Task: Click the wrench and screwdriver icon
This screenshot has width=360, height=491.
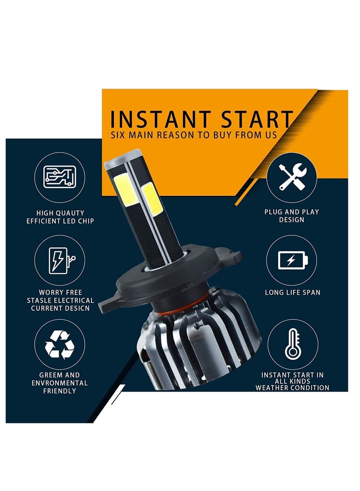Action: (x=292, y=176)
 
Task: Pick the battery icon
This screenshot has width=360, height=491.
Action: (x=292, y=260)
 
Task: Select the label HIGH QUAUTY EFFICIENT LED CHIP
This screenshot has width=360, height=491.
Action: (x=60, y=217)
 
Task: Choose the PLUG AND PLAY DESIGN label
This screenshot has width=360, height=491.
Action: (x=292, y=216)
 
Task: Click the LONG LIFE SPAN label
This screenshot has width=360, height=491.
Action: (x=292, y=292)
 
